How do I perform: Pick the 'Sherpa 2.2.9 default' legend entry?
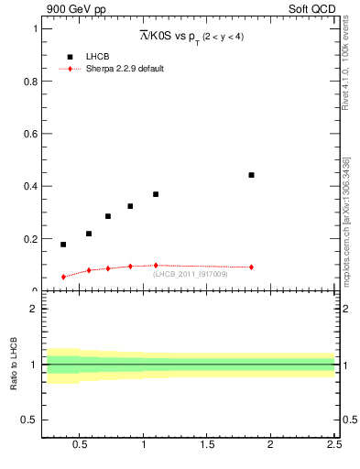click(x=125, y=69)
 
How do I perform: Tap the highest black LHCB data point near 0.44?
click(x=251, y=175)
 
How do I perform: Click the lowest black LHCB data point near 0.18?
click(x=63, y=245)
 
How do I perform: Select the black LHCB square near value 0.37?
click(x=156, y=194)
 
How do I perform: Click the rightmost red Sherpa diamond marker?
click(x=251, y=267)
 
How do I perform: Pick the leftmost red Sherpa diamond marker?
click(x=63, y=277)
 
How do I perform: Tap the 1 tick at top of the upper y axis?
click(x=37, y=28)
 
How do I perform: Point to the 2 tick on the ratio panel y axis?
click(x=37, y=309)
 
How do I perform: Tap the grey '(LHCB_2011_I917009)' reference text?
click(x=191, y=273)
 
